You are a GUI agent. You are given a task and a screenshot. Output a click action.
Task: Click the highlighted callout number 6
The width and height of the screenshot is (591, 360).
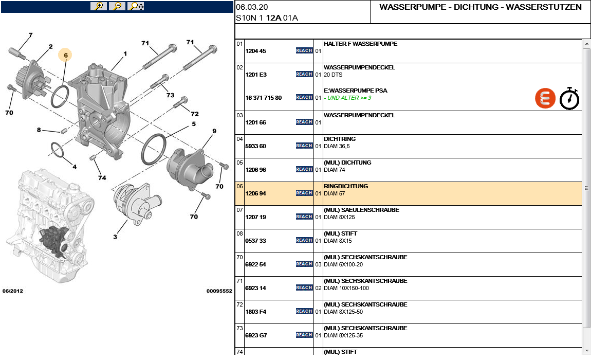pyautogui.click(x=65, y=55)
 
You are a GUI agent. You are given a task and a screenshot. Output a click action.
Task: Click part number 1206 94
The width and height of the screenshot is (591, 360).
pyautogui.click(x=255, y=193)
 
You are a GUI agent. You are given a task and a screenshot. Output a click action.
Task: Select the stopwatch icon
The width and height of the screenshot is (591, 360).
pyautogui.click(x=569, y=98)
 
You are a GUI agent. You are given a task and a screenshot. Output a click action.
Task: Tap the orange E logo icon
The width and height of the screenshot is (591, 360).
pyautogui.click(x=545, y=98)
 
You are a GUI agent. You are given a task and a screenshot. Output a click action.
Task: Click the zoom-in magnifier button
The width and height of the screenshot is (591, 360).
pyautogui.click(x=98, y=6)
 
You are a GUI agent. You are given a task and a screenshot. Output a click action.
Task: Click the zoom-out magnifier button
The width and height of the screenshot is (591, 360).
pyautogui.click(x=117, y=6)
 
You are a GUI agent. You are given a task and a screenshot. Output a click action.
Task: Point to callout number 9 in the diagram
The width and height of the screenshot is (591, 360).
pyautogui.click(x=214, y=131)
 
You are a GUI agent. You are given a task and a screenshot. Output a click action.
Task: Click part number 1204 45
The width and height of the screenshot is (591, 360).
pyautogui.click(x=255, y=51)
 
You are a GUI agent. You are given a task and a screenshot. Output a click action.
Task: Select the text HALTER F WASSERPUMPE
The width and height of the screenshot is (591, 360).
pyautogui.click(x=360, y=44)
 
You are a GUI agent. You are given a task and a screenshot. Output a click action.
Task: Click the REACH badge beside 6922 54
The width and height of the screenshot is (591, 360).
pyautogui.click(x=304, y=264)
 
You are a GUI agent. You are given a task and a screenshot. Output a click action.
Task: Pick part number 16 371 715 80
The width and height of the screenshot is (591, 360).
pyautogui.click(x=263, y=98)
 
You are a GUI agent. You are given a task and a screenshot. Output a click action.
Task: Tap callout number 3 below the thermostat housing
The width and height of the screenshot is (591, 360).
pyautogui.click(x=115, y=237)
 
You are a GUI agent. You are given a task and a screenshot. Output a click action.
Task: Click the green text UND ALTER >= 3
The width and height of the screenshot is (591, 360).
pyautogui.click(x=349, y=98)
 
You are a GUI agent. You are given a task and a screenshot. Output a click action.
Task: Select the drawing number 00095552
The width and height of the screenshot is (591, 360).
pyautogui.click(x=219, y=291)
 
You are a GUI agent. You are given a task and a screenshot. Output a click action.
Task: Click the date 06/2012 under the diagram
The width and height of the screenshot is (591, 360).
pyautogui.click(x=13, y=291)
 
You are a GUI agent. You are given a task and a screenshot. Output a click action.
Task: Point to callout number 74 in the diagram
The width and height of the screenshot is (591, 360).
pyautogui.click(x=102, y=177)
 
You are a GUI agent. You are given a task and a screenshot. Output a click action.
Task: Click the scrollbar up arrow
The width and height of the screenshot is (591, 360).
pyautogui.click(x=587, y=44)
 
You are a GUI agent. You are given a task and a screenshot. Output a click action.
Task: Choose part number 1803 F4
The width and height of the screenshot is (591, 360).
pyautogui.click(x=255, y=312)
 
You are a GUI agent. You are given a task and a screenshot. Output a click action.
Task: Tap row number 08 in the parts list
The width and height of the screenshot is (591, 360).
pyautogui.click(x=239, y=233)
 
